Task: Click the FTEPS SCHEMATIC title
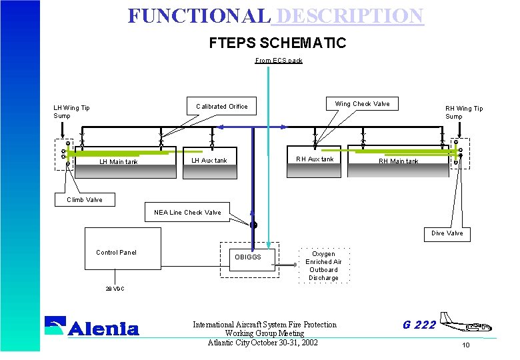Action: pyautogui.click(x=277, y=43)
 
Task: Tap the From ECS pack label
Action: pyautogui.click(x=279, y=61)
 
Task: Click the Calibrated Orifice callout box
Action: pyautogui.click(x=222, y=107)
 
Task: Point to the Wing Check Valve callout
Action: pyautogui.click(x=362, y=104)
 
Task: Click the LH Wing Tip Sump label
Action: pyautogui.click(x=71, y=112)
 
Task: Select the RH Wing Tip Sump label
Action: pyautogui.click(x=464, y=113)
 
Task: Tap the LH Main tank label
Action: pyautogui.click(x=119, y=162)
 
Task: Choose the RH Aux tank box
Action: pyautogui.click(x=315, y=159)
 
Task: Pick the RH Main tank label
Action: pyautogui.click(x=399, y=161)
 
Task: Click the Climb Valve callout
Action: pyautogui.click(x=85, y=200)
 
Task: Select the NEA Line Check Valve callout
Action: pyautogui.click(x=187, y=213)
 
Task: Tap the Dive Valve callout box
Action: pyautogui.click(x=447, y=233)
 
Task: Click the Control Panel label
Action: pyautogui.click(x=117, y=253)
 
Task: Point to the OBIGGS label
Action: pyautogui.click(x=248, y=257)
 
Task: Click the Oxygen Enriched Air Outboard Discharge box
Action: pyautogui.click(x=323, y=266)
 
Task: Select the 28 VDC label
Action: pyautogui.click(x=115, y=289)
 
